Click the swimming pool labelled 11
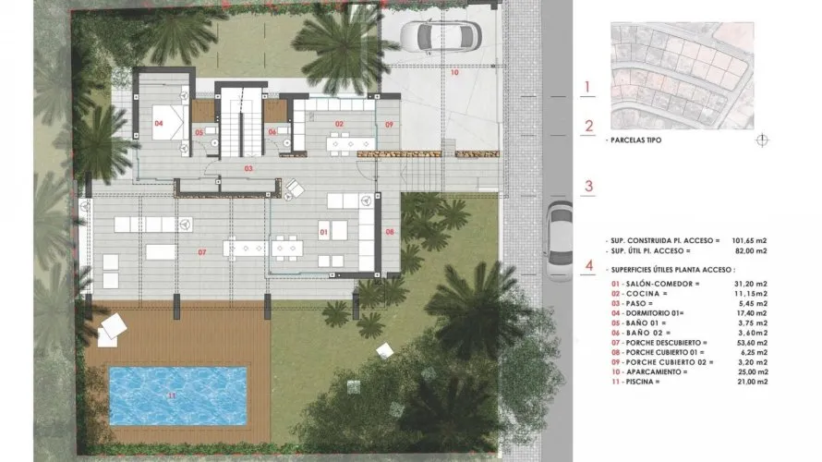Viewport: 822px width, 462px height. point(178,395)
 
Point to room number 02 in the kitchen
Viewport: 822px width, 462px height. point(339,124)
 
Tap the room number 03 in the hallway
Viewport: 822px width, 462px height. point(248,169)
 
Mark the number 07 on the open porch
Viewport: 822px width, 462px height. point(200,251)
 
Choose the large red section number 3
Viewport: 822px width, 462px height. point(588,186)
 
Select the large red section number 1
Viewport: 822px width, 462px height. point(588,89)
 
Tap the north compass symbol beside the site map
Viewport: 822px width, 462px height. point(762,140)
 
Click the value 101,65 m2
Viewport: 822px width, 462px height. point(748,238)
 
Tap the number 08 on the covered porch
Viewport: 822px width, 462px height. point(390,231)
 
